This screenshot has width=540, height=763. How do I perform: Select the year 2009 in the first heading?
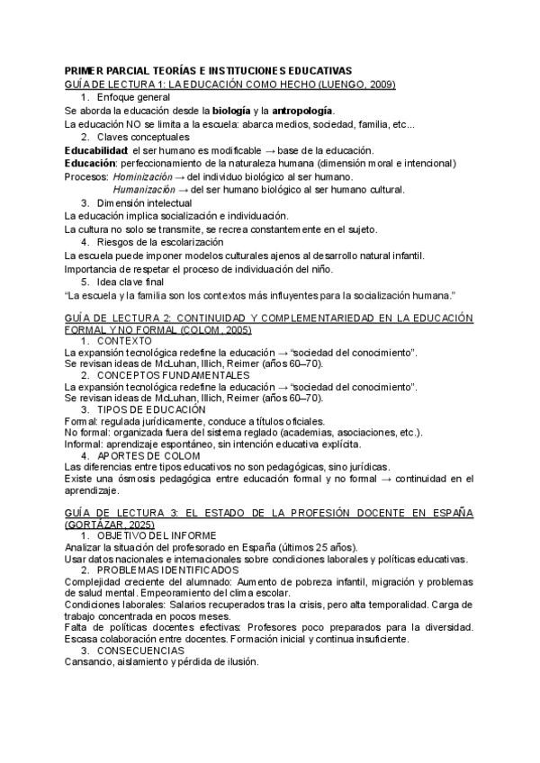(x=382, y=84)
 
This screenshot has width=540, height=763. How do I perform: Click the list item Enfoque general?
(x=133, y=96)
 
